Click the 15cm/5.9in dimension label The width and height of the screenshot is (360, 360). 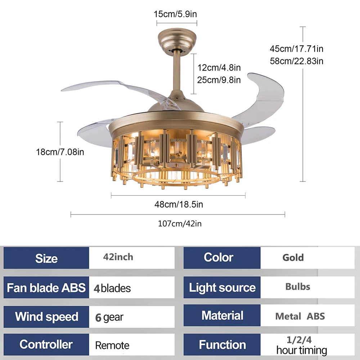pos(175,14)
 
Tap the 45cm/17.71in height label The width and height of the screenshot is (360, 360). pos(297,48)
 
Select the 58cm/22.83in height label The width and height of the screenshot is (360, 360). pos(297,61)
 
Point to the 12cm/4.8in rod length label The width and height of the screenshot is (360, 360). pos(219,67)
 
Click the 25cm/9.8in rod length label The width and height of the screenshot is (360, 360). pos(219,80)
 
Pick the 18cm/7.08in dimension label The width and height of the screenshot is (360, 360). pos(60,152)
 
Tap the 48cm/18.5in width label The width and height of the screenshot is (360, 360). pos(179,204)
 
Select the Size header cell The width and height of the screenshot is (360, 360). pos(46,258)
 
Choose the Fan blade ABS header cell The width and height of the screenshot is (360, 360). pos(46,288)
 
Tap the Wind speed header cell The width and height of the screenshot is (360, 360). pos(46,317)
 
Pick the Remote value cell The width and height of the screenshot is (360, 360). pos(131,345)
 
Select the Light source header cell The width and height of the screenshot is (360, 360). pos(222,288)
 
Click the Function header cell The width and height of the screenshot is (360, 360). pos(222,345)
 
